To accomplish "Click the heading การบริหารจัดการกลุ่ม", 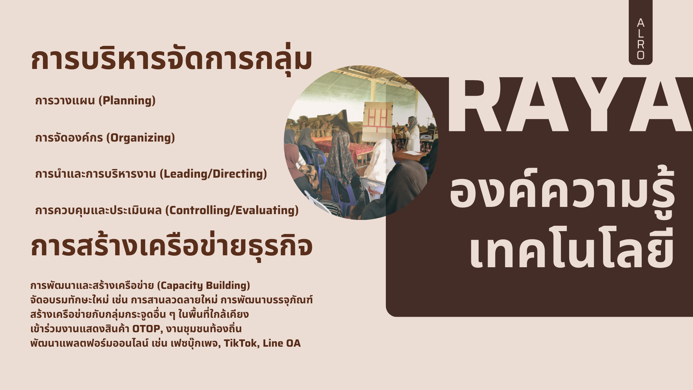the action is tap(171, 60).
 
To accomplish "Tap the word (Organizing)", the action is tap(140, 138).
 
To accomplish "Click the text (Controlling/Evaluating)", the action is tap(232, 210).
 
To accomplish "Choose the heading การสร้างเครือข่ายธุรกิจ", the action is tap(171, 246).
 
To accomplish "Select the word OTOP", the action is tap(146, 329).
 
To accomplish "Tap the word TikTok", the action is tap(240, 343).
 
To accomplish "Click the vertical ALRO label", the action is tap(641, 39).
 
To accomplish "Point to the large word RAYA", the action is tap(570, 105).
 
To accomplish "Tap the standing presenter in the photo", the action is tap(411, 134).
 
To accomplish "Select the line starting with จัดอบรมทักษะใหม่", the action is tap(171, 300).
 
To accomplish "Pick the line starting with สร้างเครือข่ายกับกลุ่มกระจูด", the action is tap(139, 314).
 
